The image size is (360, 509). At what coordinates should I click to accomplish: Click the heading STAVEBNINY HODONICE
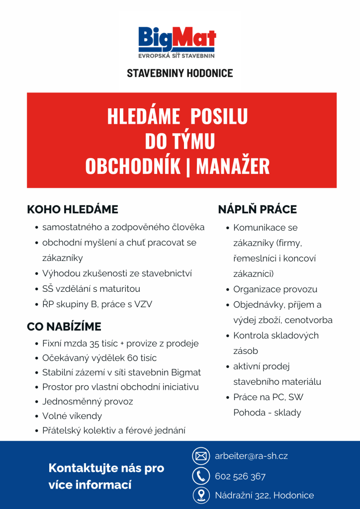click(180, 74)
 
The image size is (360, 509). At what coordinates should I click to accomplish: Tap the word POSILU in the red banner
click(219, 117)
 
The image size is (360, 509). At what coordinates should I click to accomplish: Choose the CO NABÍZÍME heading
click(64, 327)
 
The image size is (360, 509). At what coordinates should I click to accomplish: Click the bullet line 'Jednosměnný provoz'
click(88, 402)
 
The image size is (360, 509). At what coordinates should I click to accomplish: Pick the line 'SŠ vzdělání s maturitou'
click(91, 289)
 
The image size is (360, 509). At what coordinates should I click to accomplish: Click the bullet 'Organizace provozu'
click(275, 289)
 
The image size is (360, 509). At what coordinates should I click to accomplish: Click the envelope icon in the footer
click(200, 456)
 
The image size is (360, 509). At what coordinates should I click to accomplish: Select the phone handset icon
click(200, 476)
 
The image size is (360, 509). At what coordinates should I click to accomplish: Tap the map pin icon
click(200, 495)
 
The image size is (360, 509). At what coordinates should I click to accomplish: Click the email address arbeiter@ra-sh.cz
click(251, 456)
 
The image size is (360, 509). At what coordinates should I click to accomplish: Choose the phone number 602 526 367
click(240, 477)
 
